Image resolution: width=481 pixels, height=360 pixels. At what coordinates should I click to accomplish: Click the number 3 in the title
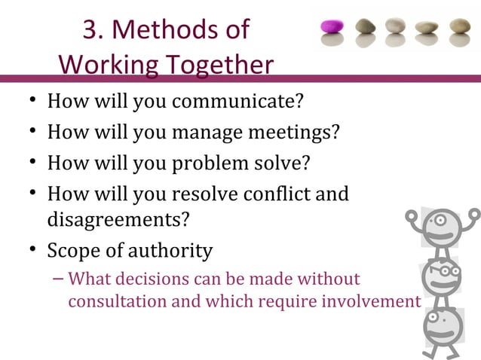(x=90, y=30)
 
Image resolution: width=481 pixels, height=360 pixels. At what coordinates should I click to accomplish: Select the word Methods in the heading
(x=155, y=30)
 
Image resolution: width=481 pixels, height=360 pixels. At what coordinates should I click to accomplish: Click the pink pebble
(x=332, y=27)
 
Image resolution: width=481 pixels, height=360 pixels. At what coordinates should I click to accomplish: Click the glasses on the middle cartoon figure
(x=443, y=270)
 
